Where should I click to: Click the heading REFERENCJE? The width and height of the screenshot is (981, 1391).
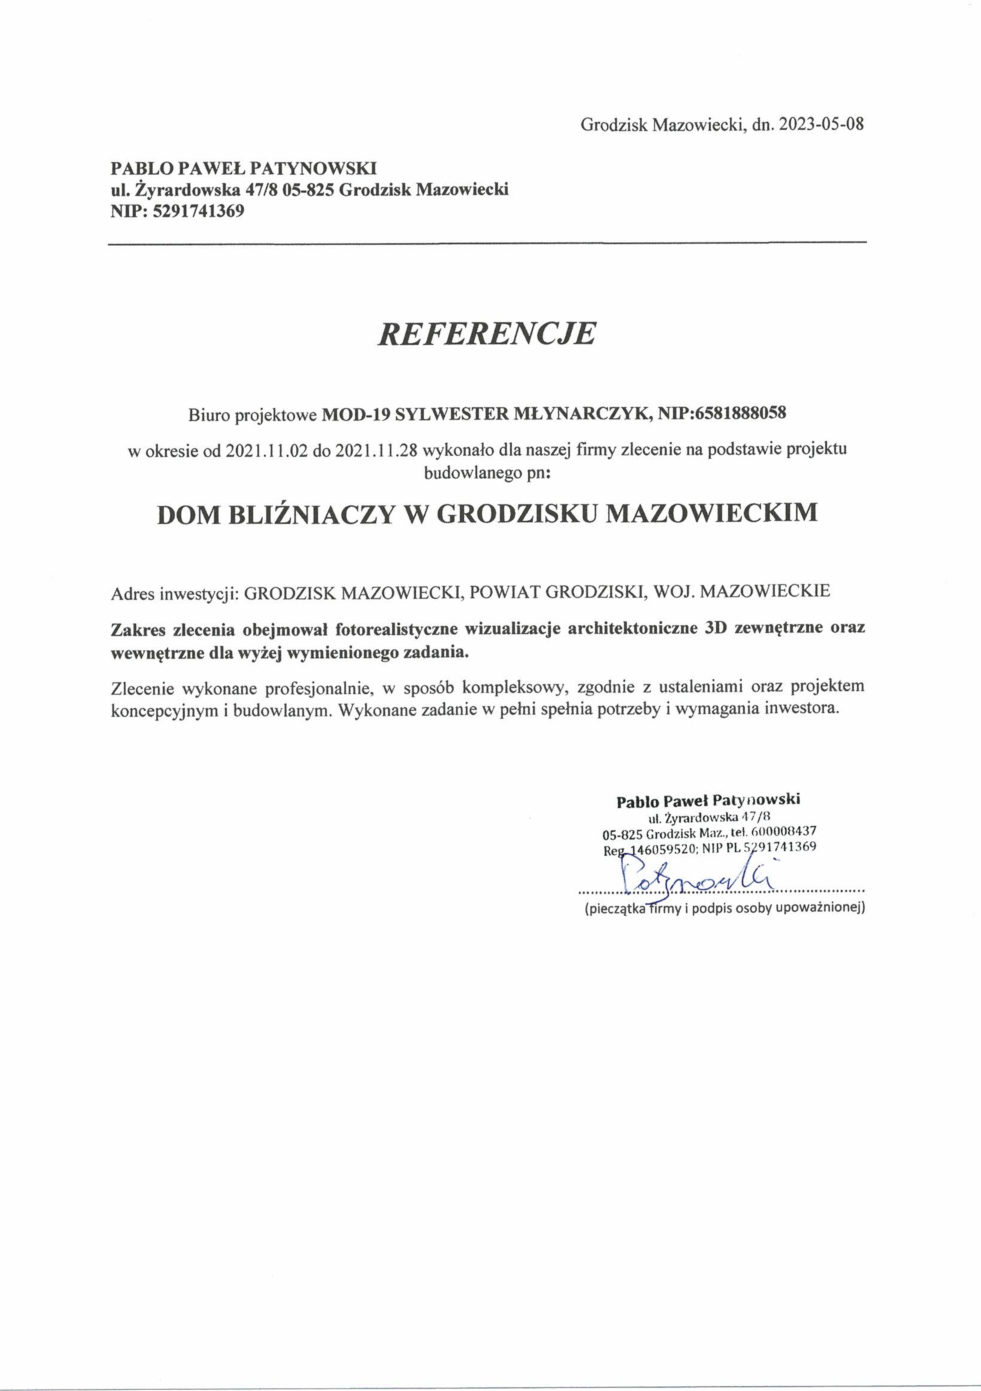coord(487,334)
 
